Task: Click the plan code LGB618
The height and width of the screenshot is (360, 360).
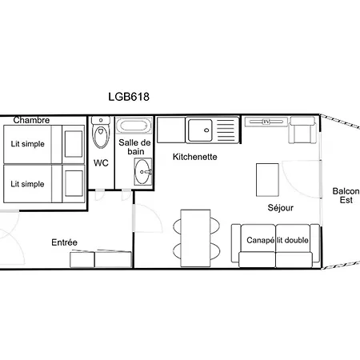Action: (129, 97)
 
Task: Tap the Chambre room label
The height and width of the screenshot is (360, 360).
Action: (31, 120)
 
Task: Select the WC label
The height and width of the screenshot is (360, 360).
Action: (101, 162)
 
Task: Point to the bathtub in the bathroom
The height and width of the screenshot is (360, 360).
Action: (134, 126)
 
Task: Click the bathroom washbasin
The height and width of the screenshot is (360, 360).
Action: (143, 171)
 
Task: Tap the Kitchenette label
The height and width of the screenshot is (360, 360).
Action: (195, 157)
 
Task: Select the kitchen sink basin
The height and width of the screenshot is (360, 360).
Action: (201, 130)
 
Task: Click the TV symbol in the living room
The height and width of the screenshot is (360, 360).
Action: (266, 122)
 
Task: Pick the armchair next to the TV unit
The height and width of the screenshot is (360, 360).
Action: (302, 130)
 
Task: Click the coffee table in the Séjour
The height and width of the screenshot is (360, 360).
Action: (267, 180)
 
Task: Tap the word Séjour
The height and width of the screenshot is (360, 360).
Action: (281, 208)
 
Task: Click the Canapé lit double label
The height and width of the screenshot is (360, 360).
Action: (278, 240)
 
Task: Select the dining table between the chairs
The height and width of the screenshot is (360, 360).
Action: (195, 238)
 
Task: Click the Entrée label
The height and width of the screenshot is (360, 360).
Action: (65, 242)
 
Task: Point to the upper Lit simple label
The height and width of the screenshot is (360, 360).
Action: (27, 144)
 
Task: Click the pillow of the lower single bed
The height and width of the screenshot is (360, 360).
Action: (74, 183)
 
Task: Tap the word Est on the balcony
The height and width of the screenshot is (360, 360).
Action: (346, 200)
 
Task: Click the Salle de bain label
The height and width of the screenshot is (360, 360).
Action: (134, 147)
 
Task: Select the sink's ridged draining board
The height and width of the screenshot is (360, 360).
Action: (226, 130)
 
